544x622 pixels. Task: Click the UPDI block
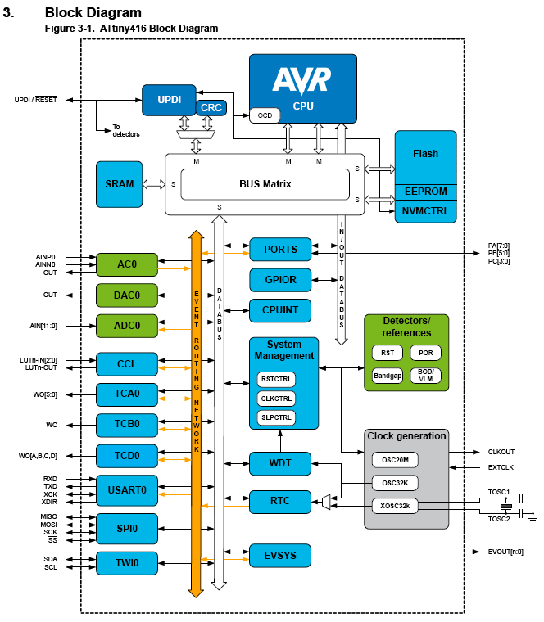point(169,100)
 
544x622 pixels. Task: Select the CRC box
point(211,108)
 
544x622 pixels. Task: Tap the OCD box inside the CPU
point(265,115)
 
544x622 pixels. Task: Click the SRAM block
point(119,184)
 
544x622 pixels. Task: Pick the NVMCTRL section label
point(425,211)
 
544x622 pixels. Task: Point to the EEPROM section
point(426,192)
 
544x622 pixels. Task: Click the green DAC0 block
point(127,295)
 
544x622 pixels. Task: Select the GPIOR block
point(280,280)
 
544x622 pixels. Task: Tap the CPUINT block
point(280,310)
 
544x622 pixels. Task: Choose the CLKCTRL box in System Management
point(276,399)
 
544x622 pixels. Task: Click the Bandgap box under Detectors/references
point(388,376)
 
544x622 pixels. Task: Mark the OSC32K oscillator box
point(395,483)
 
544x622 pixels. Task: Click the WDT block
point(280,463)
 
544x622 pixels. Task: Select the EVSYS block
point(280,556)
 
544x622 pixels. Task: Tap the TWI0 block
point(127,563)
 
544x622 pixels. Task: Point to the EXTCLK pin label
point(501,467)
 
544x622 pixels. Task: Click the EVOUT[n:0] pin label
point(505,552)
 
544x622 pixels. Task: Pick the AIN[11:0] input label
point(43,326)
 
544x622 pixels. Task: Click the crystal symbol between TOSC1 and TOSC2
point(505,506)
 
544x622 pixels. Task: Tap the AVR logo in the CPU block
point(301,80)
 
